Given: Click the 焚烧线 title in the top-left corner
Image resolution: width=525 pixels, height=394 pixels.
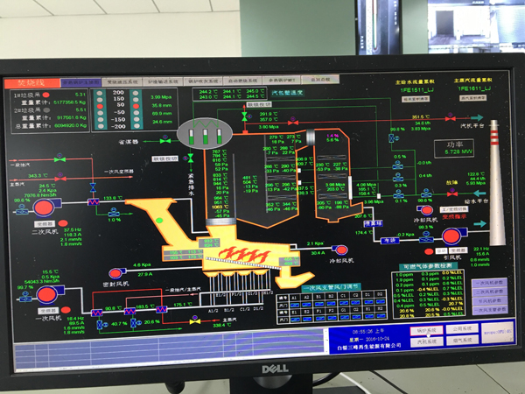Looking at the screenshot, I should [29, 82].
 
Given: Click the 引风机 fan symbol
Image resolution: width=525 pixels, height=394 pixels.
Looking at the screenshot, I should [452, 235].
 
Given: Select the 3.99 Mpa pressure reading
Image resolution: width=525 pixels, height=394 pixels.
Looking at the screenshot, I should [161, 95].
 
